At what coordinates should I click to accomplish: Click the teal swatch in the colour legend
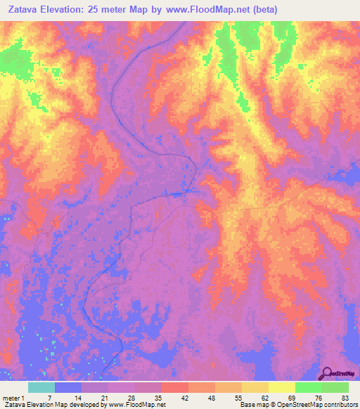click(x=41, y=387)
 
